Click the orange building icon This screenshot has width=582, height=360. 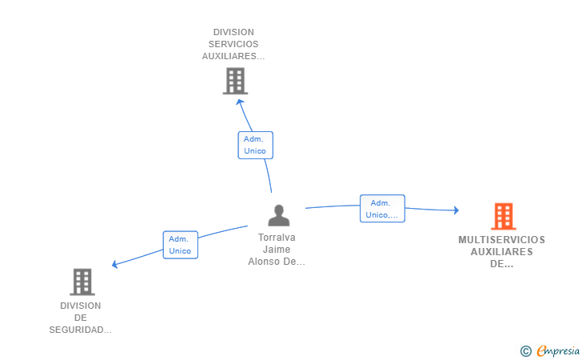tap(503, 216)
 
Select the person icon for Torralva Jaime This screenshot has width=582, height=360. tap(278, 215)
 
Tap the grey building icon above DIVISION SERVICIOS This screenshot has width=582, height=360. tap(235, 81)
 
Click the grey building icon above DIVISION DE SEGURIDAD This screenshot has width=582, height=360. tap(82, 282)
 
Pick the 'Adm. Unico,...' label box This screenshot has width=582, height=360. tap(382, 208)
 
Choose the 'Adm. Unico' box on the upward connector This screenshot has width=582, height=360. tap(255, 145)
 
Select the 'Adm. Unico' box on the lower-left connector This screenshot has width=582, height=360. tap(180, 245)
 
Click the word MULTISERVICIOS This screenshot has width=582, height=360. tap(501, 239)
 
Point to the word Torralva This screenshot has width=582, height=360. tap(277, 238)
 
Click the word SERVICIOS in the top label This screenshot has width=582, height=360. tap(234, 44)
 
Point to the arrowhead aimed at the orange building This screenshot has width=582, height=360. tap(456, 210)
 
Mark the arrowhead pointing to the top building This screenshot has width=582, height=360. tap(239, 102)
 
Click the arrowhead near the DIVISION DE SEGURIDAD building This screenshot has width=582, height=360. tap(115, 264)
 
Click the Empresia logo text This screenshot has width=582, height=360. tap(558, 350)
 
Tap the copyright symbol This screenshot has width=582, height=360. tap(525, 350)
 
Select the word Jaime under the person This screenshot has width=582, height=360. tap(277, 250)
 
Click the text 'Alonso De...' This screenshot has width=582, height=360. tap(277, 262)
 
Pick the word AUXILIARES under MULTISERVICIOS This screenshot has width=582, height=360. tap(501, 251)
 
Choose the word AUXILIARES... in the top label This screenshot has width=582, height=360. tap(234, 57)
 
